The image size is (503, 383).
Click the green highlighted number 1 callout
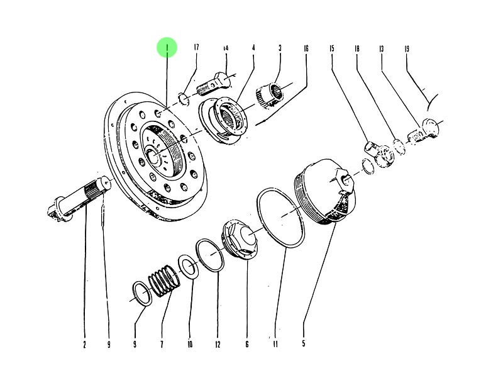click(167, 47)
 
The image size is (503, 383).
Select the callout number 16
click(306, 48)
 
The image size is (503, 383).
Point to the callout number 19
click(407, 48)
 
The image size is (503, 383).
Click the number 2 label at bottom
click(84, 344)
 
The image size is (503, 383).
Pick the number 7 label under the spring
click(162, 344)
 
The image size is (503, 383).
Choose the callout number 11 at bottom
click(275, 344)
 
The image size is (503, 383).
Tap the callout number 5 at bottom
click(303, 344)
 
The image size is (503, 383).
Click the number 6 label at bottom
click(246, 344)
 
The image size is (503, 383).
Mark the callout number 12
click(218, 344)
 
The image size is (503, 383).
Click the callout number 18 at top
click(357, 48)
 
